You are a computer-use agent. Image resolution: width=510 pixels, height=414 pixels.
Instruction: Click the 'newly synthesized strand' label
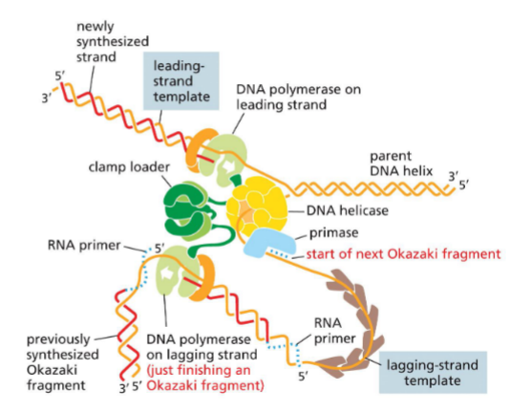click(111, 33)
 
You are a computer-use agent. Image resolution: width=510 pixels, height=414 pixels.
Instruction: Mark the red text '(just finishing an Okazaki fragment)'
click(205, 380)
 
